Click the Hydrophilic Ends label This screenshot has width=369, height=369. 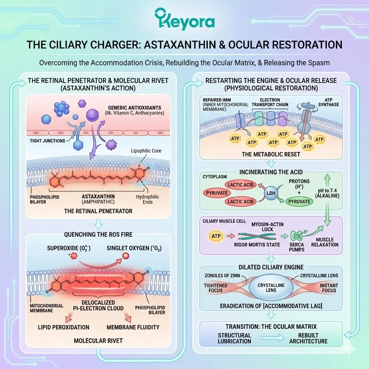147,200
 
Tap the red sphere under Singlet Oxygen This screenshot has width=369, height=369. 126,256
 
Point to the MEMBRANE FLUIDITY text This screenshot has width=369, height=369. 133,327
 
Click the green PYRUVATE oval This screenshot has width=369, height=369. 299,201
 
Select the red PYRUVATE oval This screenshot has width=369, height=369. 217,193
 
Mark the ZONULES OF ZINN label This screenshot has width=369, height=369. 222,276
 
